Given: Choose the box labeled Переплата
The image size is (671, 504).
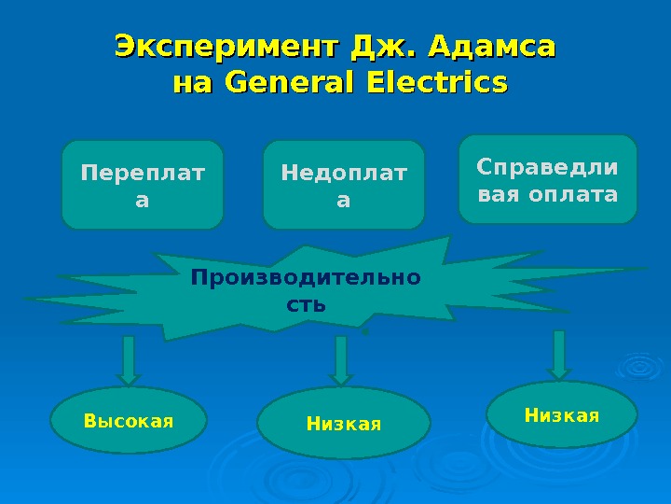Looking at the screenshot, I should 143,185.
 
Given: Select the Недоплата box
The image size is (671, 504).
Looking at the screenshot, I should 344,185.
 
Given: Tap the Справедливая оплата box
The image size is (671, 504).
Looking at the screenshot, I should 548,180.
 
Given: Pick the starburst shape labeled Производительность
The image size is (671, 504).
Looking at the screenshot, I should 308,289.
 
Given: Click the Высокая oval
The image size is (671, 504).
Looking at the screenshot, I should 129,421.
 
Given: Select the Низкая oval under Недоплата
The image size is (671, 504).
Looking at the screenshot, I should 344,424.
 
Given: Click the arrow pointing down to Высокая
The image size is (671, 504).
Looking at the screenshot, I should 129,360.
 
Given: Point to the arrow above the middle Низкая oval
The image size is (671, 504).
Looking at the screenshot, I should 340,360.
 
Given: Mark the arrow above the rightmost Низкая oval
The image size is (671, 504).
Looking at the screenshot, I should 559,355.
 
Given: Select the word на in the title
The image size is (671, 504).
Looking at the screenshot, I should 193,84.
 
